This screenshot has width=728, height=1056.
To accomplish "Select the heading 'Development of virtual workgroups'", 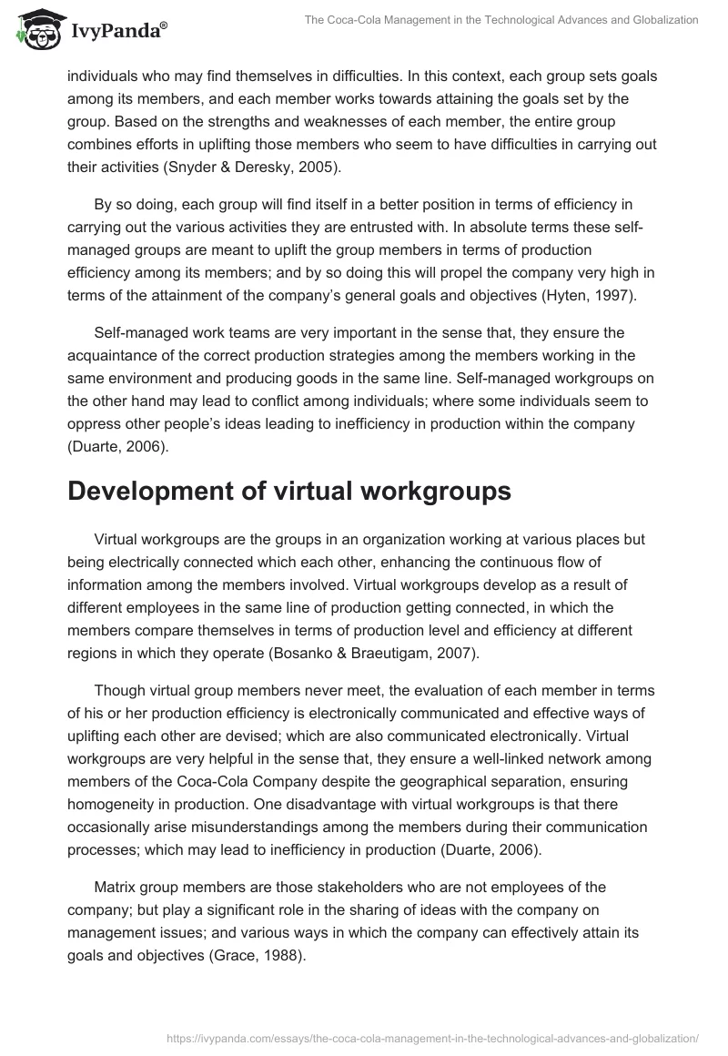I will (x=289, y=491).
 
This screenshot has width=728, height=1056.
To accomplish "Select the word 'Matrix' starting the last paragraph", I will (x=116, y=887).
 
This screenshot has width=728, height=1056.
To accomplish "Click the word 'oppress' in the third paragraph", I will (x=94, y=424).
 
